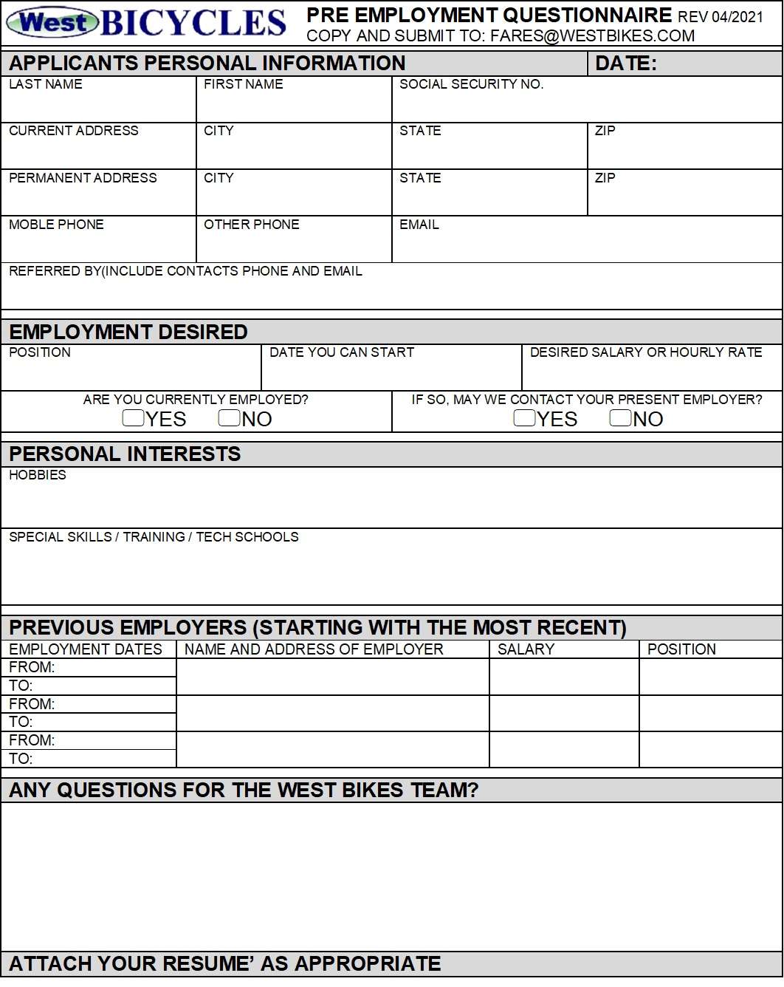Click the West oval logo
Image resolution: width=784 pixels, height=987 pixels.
[x=52, y=23]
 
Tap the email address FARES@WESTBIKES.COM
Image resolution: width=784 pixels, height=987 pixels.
[x=592, y=36]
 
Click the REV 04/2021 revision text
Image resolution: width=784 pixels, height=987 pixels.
[x=721, y=17]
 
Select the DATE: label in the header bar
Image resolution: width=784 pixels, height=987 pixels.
[x=625, y=64]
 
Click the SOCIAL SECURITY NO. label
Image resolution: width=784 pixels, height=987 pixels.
[x=471, y=84]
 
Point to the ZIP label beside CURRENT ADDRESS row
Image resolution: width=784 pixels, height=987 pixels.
[x=605, y=131]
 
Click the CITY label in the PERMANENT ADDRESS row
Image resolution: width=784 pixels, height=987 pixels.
[x=219, y=178]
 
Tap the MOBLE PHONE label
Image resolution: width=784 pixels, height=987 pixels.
[x=56, y=225]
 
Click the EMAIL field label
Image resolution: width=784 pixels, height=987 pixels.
[x=419, y=225]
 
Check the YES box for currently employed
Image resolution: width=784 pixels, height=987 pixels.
[x=134, y=418]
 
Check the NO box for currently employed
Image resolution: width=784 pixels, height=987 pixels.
[x=230, y=418]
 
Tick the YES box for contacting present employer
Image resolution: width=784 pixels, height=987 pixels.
[x=524, y=418]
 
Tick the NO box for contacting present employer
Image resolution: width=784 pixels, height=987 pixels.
[x=620, y=418]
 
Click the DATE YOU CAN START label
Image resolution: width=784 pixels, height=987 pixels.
[x=341, y=352]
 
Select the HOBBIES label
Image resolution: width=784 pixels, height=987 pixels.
[x=38, y=475]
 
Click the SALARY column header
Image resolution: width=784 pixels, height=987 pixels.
[x=526, y=649]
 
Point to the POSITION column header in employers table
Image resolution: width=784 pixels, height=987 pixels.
[x=681, y=649]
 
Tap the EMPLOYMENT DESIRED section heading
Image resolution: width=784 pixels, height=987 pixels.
[x=128, y=332]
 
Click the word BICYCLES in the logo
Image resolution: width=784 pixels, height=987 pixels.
[x=193, y=23]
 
